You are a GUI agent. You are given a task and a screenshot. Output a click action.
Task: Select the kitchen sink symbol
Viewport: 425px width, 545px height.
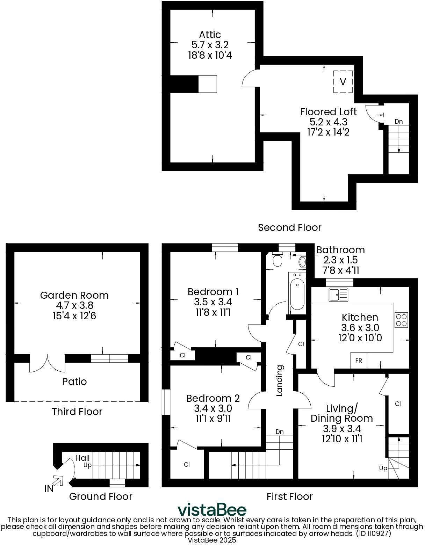coord(338,295)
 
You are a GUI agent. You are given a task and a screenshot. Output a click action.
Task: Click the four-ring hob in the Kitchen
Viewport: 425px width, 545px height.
coord(401,320)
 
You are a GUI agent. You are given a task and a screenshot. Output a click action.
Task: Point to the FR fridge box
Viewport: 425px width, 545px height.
coord(359,361)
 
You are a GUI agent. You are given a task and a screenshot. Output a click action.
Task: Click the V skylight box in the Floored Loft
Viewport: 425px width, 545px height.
coord(343,82)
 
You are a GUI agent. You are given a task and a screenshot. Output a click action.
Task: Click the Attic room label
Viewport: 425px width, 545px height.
coord(210,35)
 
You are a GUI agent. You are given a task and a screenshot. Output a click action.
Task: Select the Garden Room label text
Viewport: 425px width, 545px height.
coord(74,295)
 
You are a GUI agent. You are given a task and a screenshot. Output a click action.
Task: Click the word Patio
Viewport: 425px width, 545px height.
coord(74,381)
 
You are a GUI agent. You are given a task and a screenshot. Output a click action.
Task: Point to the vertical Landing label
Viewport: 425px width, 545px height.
coord(280,380)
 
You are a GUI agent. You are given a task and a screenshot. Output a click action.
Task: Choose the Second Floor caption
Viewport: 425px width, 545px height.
coord(289,227)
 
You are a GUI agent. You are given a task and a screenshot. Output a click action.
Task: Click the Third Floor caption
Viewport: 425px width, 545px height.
coord(77,412)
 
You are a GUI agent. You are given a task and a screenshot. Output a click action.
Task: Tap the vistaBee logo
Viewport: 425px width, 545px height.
coord(212,510)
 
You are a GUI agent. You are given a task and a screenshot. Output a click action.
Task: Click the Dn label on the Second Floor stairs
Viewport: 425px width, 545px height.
coord(399,122)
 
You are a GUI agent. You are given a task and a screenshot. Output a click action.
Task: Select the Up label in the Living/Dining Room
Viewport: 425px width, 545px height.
coord(383,468)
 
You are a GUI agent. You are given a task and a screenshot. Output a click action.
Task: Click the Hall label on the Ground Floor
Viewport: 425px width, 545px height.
coord(82,458)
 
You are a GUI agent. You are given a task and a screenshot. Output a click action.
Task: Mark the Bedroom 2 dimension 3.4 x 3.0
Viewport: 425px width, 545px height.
coord(213,408)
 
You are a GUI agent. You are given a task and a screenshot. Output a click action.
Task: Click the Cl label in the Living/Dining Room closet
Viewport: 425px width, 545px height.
coord(398,404)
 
